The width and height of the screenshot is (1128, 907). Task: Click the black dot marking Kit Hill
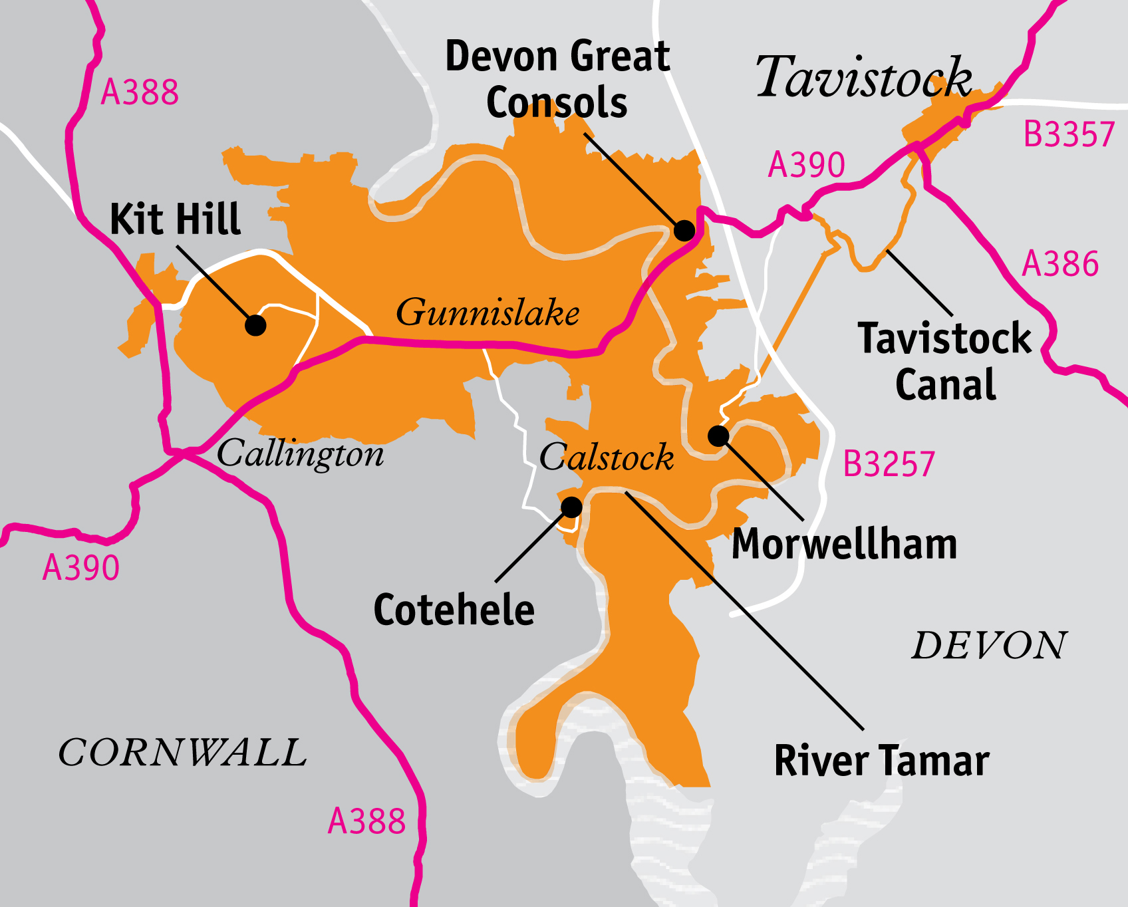point(255,325)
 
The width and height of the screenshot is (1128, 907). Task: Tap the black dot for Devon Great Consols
point(684,230)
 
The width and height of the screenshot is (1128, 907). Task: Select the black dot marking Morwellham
point(718,436)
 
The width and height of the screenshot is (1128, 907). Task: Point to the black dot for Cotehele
point(571,507)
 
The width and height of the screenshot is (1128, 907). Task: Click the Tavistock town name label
point(863,77)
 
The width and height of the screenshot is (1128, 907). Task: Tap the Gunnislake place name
point(488,313)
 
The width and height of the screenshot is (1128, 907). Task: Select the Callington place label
point(301,454)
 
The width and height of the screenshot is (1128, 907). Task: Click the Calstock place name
point(607,457)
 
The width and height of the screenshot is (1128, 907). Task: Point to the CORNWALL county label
point(182,753)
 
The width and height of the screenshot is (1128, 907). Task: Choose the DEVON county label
point(989,646)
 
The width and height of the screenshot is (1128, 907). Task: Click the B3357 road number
point(1068,135)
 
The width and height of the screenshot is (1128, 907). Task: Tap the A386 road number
point(1060,264)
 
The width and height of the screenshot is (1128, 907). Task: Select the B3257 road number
point(889,464)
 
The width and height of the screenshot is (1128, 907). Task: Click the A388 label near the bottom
point(366,821)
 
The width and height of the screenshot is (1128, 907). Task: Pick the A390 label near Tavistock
point(806,165)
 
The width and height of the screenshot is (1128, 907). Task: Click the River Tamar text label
point(882,761)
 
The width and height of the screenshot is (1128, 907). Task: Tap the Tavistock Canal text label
point(944,361)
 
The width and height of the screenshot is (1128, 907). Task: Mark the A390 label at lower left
point(80,569)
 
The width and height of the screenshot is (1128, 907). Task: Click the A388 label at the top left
point(140,92)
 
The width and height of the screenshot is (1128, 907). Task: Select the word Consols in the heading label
point(557,103)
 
